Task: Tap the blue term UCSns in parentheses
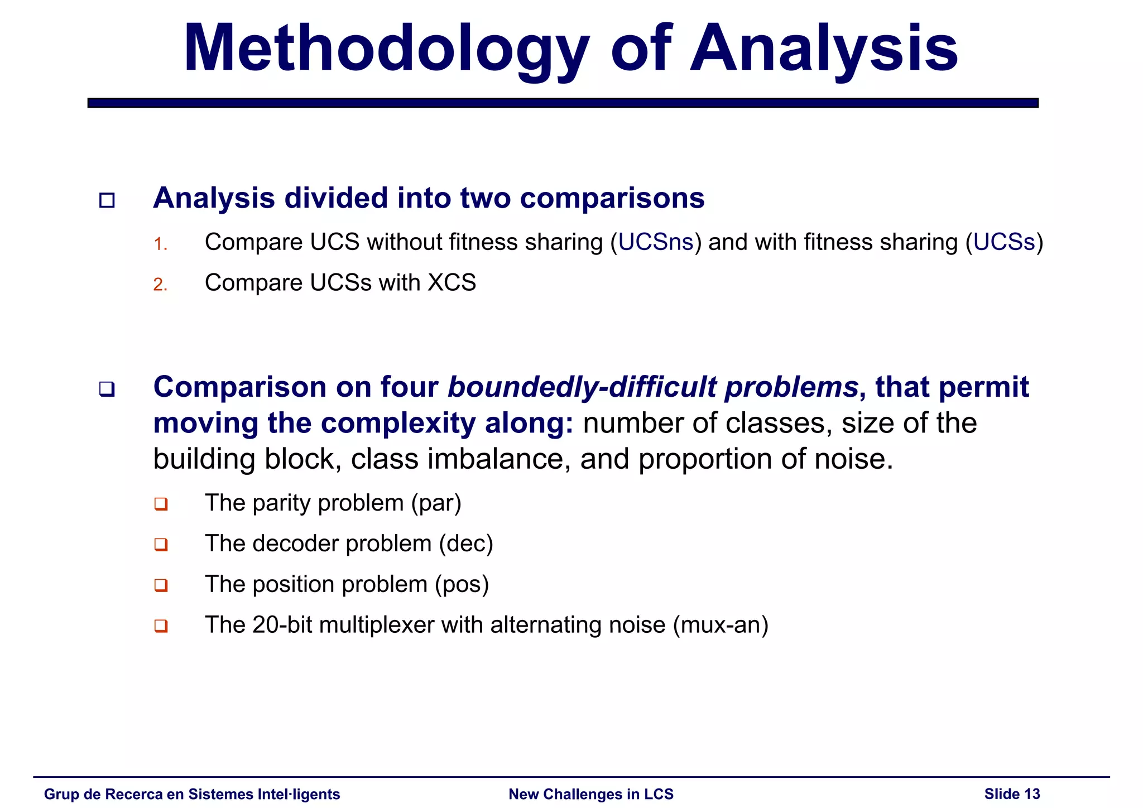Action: tap(656, 242)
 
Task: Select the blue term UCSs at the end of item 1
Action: tap(1004, 242)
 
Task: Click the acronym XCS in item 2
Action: tap(452, 283)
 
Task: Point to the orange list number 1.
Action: tap(160, 244)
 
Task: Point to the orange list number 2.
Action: tap(160, 285)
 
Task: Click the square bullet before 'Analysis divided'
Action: tap(107, 200)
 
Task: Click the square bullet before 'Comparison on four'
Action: tap(107, 389)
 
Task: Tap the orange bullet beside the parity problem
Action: tap(161, 504)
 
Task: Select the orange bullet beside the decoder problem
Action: tap(161, 545)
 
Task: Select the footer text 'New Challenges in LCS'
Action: tap(591, 794)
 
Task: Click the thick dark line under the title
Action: tap(563, 103)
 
